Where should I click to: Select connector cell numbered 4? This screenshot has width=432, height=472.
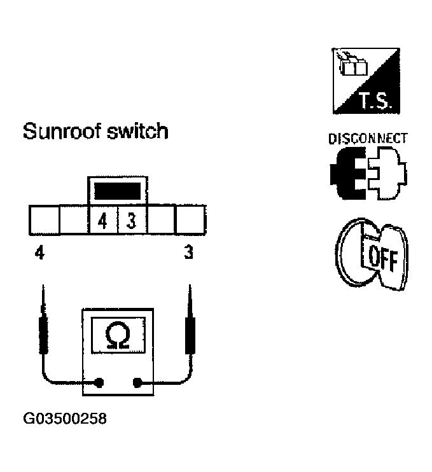click(x=102, y=221)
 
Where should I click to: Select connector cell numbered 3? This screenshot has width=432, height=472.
click(x=132, y=221)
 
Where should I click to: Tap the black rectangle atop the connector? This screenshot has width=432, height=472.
click(x=116, y=190)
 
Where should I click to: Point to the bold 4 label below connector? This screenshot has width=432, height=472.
click(x=40, y=253)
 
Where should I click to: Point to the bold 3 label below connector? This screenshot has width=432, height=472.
click(x=188, y=253)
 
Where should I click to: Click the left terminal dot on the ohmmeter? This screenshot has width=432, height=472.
click(x=100, y=382)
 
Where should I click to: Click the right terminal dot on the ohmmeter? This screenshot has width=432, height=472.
click(x=136, y=382)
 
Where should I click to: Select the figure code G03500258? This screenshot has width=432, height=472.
click(x=65, y=420)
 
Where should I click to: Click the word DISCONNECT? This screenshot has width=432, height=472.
click(x=368, y=138)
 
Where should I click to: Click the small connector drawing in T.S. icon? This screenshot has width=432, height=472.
click(x=351, y=64)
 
